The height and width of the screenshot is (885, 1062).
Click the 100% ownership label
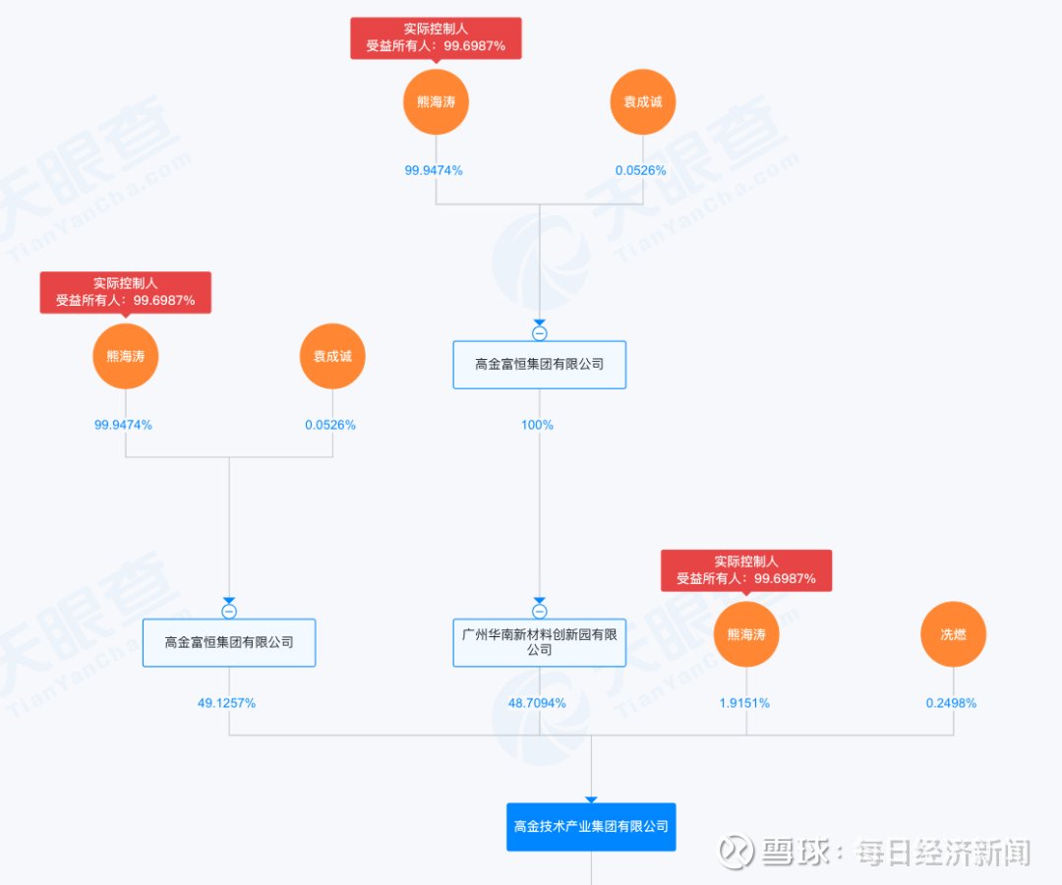(x=537, y=425)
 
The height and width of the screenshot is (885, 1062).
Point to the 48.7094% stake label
(x=537, y=703)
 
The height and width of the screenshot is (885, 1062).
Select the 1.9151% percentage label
(x=743, y=703)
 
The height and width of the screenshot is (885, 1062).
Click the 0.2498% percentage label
(x=951, y=703)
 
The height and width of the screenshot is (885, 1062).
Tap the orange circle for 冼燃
(x=953, y=634)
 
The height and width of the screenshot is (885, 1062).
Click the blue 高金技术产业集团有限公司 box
(x=591, y=826)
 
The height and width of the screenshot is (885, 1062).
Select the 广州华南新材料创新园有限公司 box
(x=539, y=642)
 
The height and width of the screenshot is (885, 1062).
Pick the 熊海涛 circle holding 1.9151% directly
(x=746, y=634)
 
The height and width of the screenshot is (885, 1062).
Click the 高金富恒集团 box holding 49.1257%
(x=229, y=642)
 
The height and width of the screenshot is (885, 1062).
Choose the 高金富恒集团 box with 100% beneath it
(x=539, y=364)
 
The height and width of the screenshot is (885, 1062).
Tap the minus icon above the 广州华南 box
(x=539, y=612)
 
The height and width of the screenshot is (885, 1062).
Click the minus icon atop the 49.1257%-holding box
(x=229, y=612)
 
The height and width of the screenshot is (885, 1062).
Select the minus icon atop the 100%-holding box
(x=539, y=333)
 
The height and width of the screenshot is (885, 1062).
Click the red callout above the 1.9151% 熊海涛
(x=746, y=570)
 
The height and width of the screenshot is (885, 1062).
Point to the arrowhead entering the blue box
(x=591, y=799)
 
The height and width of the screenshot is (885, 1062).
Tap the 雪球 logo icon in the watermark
(x=735, y=852)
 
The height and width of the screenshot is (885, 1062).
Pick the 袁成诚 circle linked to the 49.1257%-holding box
(x=332, y=356)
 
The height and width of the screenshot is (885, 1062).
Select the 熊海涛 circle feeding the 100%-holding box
(x=436, y=101)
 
